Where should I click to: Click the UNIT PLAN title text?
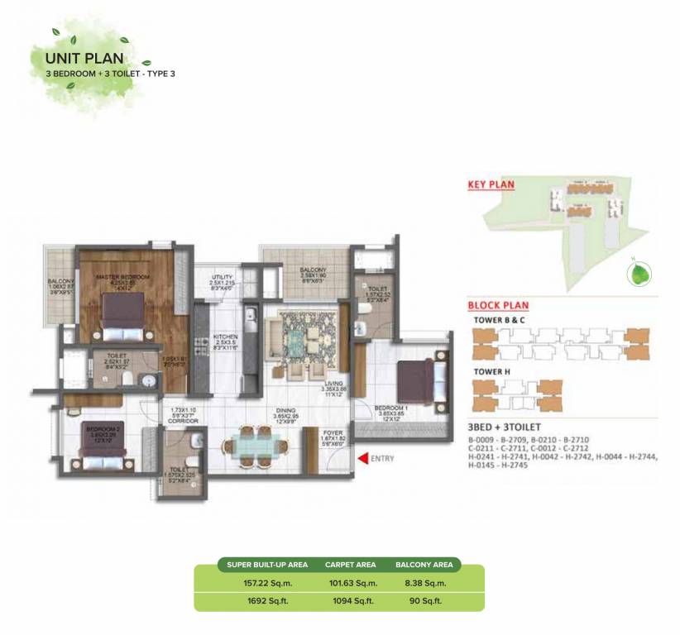coord(84,58)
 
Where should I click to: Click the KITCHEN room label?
coord(226,337)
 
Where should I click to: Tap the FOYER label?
coord(331,432)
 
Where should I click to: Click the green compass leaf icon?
coord(638,275)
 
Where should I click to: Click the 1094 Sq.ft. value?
coord(349,603)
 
